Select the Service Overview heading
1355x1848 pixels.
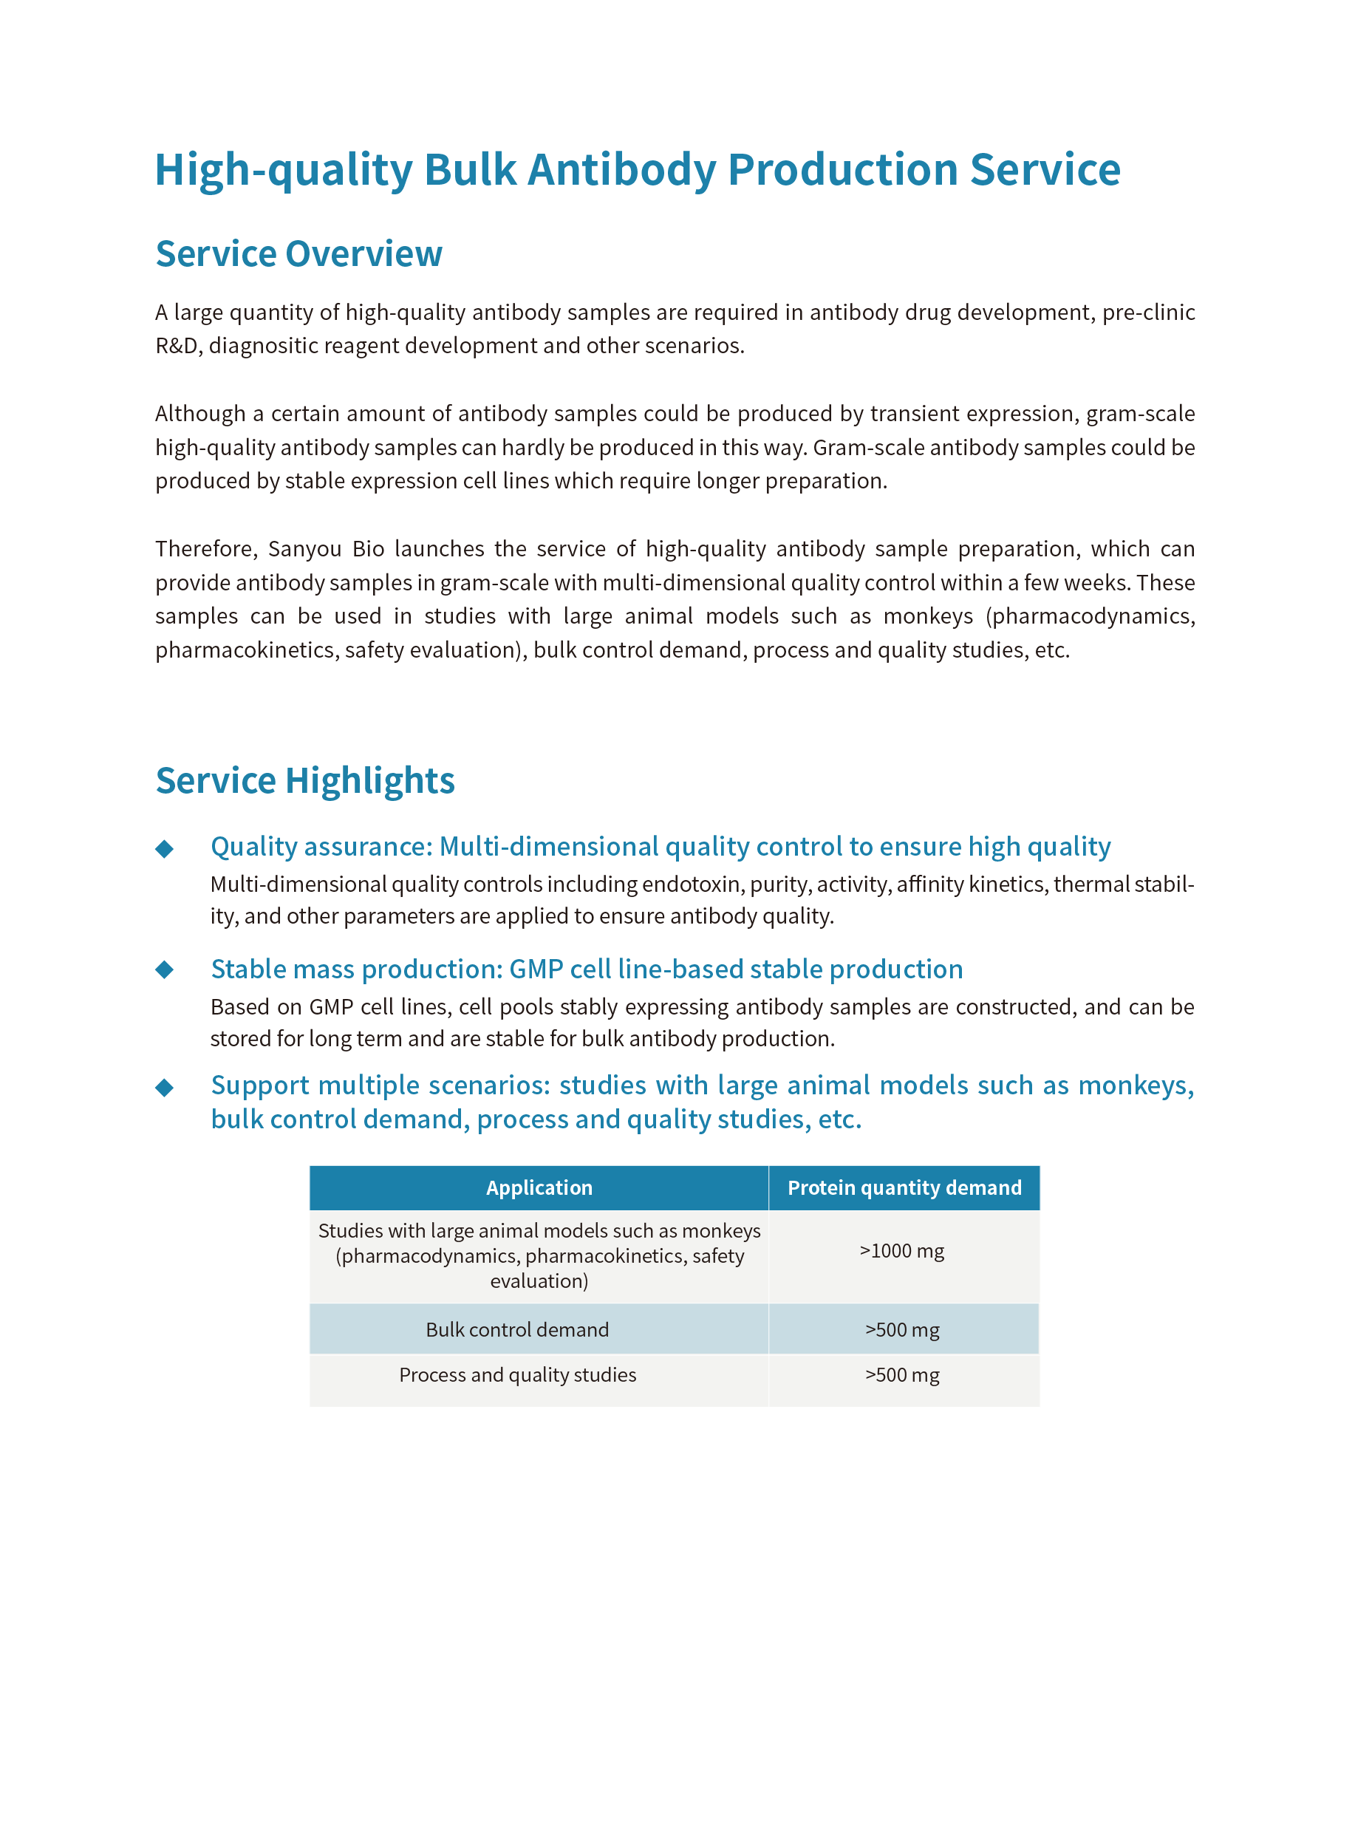coord(298,254)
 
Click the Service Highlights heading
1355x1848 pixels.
coord(305,780)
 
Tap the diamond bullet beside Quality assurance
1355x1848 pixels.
coord(165,849)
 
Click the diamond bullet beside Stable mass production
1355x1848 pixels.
coord(165,970)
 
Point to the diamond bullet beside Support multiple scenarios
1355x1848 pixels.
coord(165,1088)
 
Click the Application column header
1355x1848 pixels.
coord(539,1187)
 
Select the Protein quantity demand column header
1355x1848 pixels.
coord(904,1187)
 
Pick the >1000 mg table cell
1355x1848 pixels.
coord(901,1251)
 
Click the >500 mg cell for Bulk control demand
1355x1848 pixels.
coord(901,1329)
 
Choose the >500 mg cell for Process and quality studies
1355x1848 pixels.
coord(901,1374)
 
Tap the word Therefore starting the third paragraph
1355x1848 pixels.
coord(206,549)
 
